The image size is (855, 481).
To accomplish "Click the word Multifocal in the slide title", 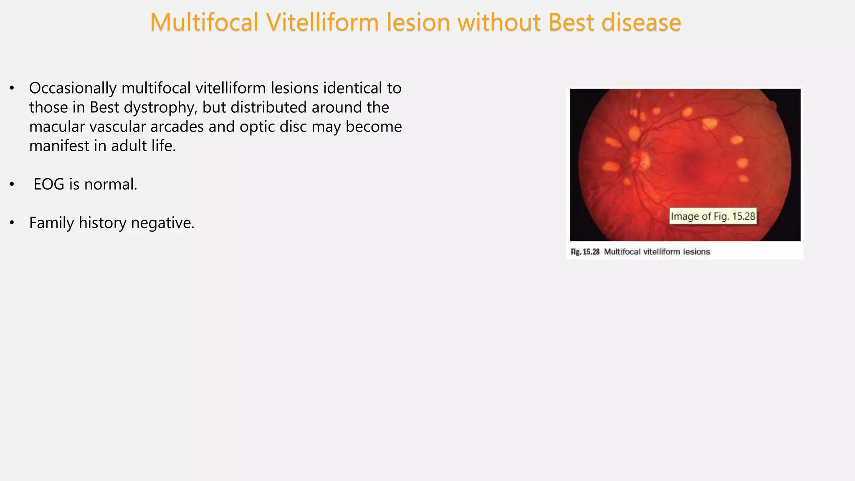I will pos(204,23).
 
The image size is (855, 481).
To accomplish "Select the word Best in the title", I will pos(571,23).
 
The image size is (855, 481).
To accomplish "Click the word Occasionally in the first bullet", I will pos(73,89).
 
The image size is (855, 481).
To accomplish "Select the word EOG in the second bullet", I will pos(49,185).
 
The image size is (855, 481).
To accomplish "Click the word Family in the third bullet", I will pos(51,223).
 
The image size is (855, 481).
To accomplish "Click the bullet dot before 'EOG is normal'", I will pos(12,185).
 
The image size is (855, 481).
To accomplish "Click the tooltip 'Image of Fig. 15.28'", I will pos(713,216).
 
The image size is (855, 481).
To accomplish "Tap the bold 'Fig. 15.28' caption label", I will pos(585,252).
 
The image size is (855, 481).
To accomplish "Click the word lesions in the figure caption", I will pos(696,252).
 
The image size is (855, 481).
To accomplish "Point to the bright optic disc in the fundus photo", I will pos(640,160).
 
